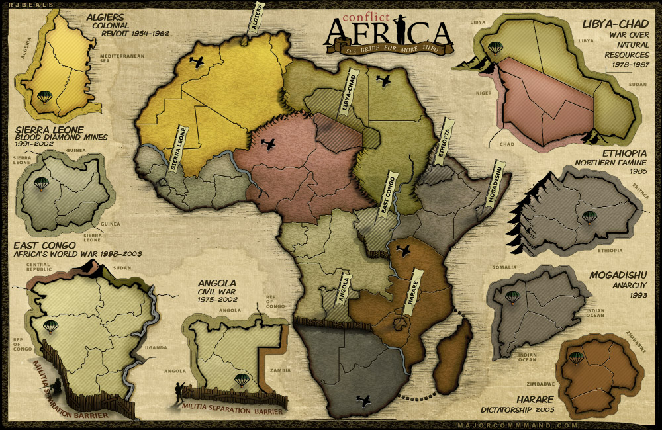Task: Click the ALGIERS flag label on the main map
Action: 258,18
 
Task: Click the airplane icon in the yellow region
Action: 197,62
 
